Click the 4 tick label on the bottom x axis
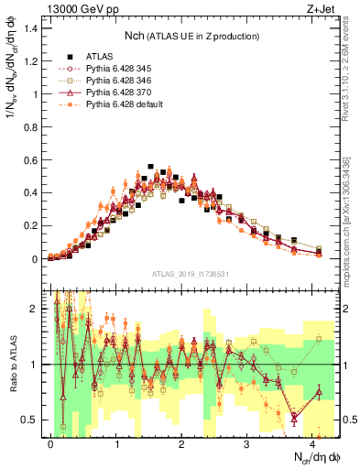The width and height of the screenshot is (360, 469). [312, 443]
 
